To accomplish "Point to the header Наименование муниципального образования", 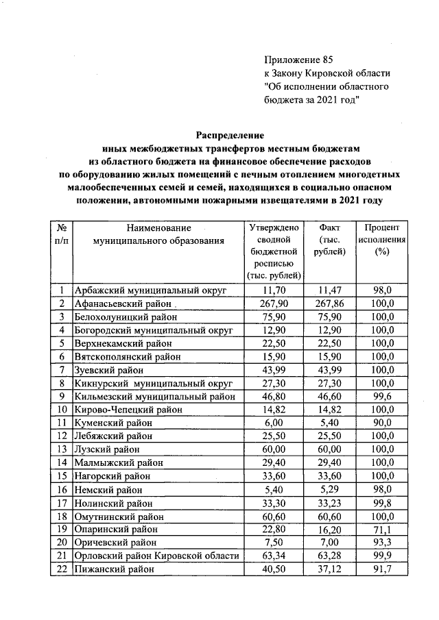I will pyautogui.click(x=158, y=234).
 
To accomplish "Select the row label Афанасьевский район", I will pyautogui.click(x=119, y=303).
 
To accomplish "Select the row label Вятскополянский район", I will pyautogui.click(x=127, y=357).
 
